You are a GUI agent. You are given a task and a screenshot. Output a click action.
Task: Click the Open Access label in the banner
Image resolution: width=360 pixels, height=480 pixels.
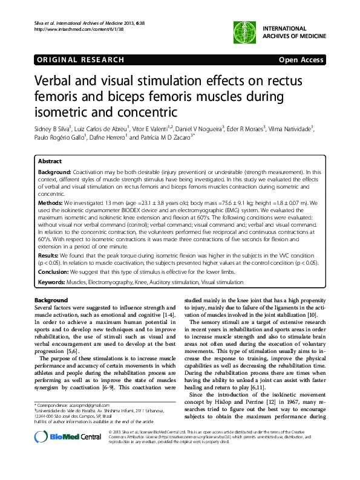tap(302, 60)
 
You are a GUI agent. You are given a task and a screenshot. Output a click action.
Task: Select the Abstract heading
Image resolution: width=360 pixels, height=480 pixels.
tap(50, 162)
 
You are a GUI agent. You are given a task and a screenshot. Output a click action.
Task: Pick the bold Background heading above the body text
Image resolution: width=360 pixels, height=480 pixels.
tap(51, 300)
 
